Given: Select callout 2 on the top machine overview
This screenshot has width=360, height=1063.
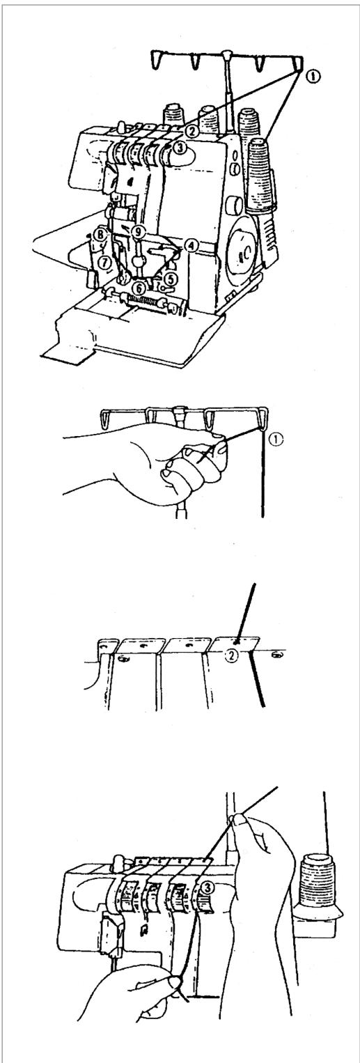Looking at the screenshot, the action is (x=191, y=132).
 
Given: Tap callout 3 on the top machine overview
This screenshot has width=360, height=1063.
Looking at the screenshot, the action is (x=178, y=148).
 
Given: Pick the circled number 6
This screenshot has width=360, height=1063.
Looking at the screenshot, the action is (x=139, y=286).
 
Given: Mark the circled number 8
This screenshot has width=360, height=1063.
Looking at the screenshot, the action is (x=99, y=234).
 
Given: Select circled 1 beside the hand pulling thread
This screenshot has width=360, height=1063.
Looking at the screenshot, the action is (x=276, y=441).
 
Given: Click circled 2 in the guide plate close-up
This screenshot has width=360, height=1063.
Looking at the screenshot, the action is (x=231, y=655).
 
